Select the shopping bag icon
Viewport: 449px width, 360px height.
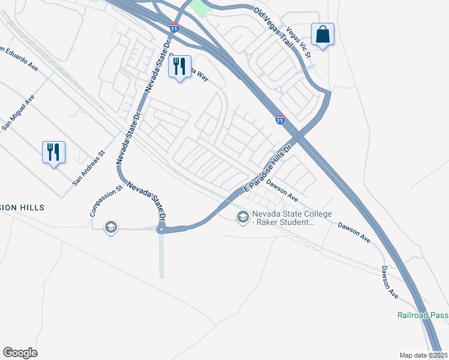click(322, 35)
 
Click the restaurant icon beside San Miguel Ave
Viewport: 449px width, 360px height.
click(53, 152)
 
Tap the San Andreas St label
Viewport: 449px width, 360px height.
click(89, 167)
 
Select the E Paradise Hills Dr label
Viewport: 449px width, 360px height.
click(267, 169)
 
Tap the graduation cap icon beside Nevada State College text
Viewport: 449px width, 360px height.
click(243, 217)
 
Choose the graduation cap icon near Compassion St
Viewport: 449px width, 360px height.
click(110, 227)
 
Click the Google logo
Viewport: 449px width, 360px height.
click(20, 352)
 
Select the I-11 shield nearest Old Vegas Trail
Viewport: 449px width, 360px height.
click(174, 28)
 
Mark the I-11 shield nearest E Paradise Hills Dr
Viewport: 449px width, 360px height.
click(280, 120)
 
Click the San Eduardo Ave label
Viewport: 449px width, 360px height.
click(18, 58)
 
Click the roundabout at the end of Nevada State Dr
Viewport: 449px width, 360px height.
click(161, 229)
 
